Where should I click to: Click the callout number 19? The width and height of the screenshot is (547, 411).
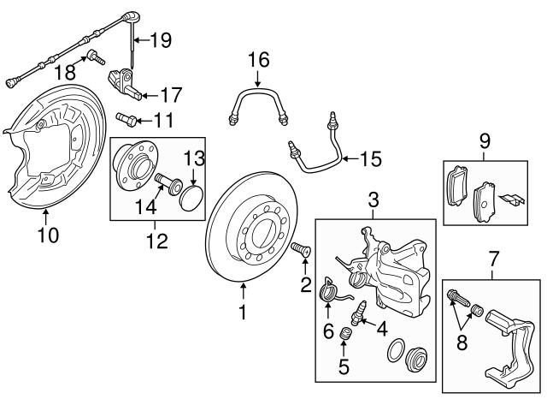pyautogui.click(x=162, y=39)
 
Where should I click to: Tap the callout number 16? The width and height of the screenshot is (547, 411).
pyautogui.click(x=258, y=60)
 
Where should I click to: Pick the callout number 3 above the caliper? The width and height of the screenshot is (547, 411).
pyautogui.click(x=373, y=201)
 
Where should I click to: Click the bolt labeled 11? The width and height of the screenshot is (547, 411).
pyautogui.click(x=126, y=118)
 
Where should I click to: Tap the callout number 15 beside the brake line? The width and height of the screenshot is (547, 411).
pyautogui.click(x=370, y=158)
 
